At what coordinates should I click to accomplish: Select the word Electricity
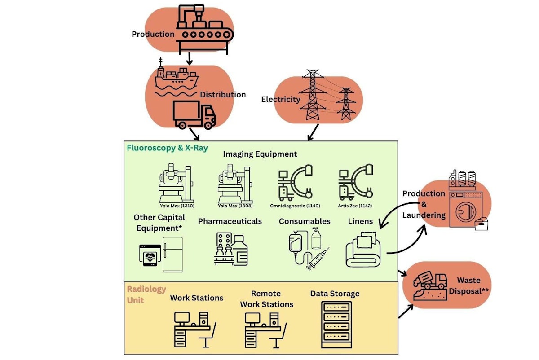click(281, 99)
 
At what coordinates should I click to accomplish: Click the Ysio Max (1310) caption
click(177, 206)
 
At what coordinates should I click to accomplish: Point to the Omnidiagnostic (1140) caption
click(295, 206)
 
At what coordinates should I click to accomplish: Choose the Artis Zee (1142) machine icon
click(356, 182)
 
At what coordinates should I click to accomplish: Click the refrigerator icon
click(172, 254)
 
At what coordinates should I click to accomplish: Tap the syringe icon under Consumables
click(318, 259)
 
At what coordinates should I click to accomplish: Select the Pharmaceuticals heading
click(230, 221)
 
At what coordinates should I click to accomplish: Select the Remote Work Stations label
click(266, 299)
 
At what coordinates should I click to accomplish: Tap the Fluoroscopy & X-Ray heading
click(167, 147)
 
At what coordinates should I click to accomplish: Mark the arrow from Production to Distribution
click(190, 57)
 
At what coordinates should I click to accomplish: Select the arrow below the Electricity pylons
click(313, 131)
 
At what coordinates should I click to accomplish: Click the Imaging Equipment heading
click(260, 154)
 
